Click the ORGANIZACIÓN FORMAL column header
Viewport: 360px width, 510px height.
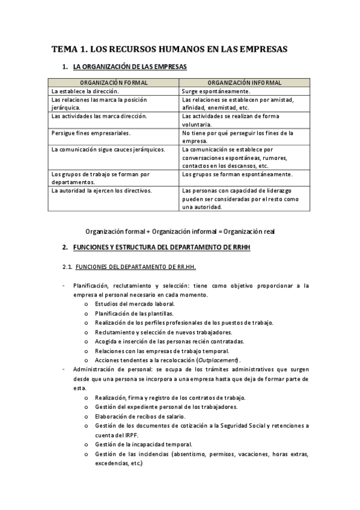coord(114,82)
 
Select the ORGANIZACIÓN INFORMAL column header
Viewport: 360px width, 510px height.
coord(244,82)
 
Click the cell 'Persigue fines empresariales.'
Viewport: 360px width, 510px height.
coord(90,133)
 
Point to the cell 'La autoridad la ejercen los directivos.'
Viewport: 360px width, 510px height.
coord(102,191)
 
